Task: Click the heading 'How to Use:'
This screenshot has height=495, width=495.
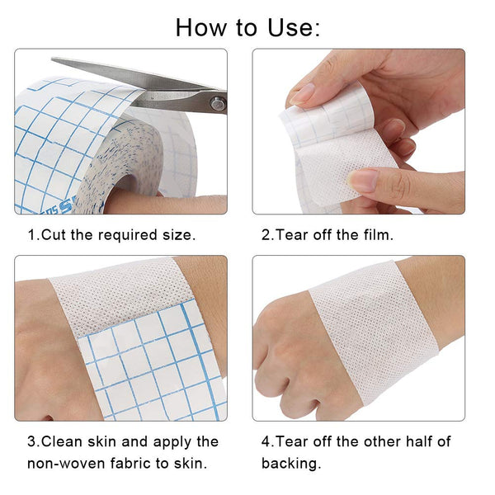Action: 247,27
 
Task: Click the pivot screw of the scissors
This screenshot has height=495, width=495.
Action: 217,103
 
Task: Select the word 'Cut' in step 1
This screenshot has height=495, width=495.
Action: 54,235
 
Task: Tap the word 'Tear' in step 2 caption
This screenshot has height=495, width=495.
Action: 293,235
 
